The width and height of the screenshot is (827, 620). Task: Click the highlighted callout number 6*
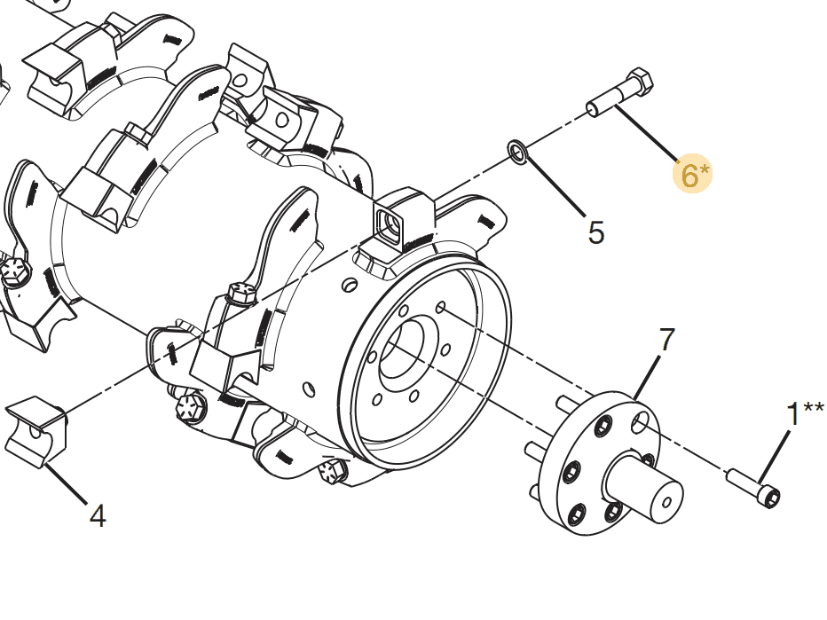[693, 174]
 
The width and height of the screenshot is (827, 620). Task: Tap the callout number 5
[596, 232]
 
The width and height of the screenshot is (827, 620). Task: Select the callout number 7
[666, 340]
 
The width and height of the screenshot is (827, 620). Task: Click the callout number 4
[98, 515]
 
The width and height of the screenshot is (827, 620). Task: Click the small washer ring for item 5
[518, 152]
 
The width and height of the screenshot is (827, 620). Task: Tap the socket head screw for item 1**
[756, 489]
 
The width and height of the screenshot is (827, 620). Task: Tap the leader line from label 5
[555, 188]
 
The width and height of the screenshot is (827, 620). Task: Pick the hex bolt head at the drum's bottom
[331, 470]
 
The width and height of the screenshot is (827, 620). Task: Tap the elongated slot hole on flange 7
[640, 424]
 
